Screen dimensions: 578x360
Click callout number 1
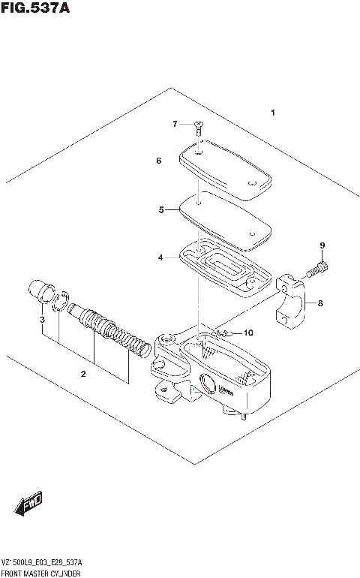pyautogui.click(x=273, y=113)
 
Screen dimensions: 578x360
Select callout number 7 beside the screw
pyautogui.click(x=175, y=124)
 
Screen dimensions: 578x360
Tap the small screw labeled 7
pyautogui.click(x=198, y=128)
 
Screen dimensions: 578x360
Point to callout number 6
pyautogui.click(x=159, y=161)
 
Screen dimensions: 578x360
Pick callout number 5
pyautogui.click(x=160, y=210)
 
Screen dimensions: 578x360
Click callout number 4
pyautogui.click(x=160, y=257)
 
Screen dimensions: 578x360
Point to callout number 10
pyautogui.click(x=249, y=333)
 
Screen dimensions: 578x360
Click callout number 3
pyautogui.click(x=42, y=320)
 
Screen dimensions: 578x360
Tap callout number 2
pyautogui.click(x=82, y=373)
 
